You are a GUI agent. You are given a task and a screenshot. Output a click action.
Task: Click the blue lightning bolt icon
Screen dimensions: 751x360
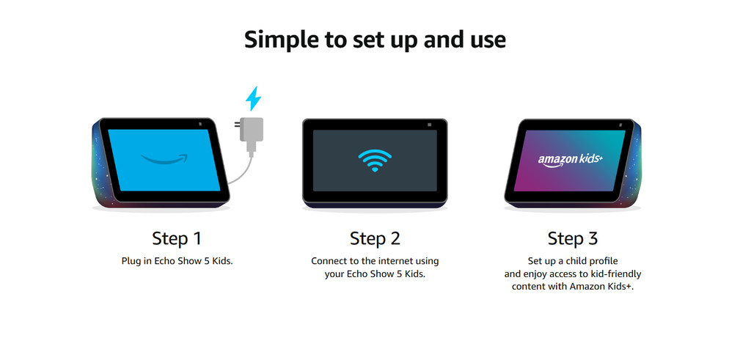click(x=253, y=99)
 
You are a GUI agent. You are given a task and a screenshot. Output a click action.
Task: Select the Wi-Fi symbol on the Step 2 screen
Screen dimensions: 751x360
click(x=375, y=161)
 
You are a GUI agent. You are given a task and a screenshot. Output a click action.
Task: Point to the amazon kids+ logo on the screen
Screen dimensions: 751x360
click(x=570, y=161)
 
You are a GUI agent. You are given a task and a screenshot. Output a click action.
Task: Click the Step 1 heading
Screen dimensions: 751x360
click(x=177, y=238)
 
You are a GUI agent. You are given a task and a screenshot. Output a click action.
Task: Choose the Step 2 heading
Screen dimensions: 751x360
click(x=375, y=238)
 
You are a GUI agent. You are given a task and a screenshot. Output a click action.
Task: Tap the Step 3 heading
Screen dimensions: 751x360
click(x=572, y=238)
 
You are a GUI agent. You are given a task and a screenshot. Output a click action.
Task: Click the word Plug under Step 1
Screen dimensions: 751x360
click(x=131, y=262)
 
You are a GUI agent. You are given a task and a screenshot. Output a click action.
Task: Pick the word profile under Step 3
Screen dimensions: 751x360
click(x=604, y=262)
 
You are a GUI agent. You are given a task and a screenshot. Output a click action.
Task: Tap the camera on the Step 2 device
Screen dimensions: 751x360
click(x=428, y=125)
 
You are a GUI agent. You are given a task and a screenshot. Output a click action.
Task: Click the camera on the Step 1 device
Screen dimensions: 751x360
click(x=199, y=125)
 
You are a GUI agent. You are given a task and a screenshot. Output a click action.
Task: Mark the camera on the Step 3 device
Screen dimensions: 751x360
click(x=620, y=125)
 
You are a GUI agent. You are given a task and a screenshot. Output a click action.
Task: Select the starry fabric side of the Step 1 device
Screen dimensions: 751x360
click(x=100, y=163)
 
